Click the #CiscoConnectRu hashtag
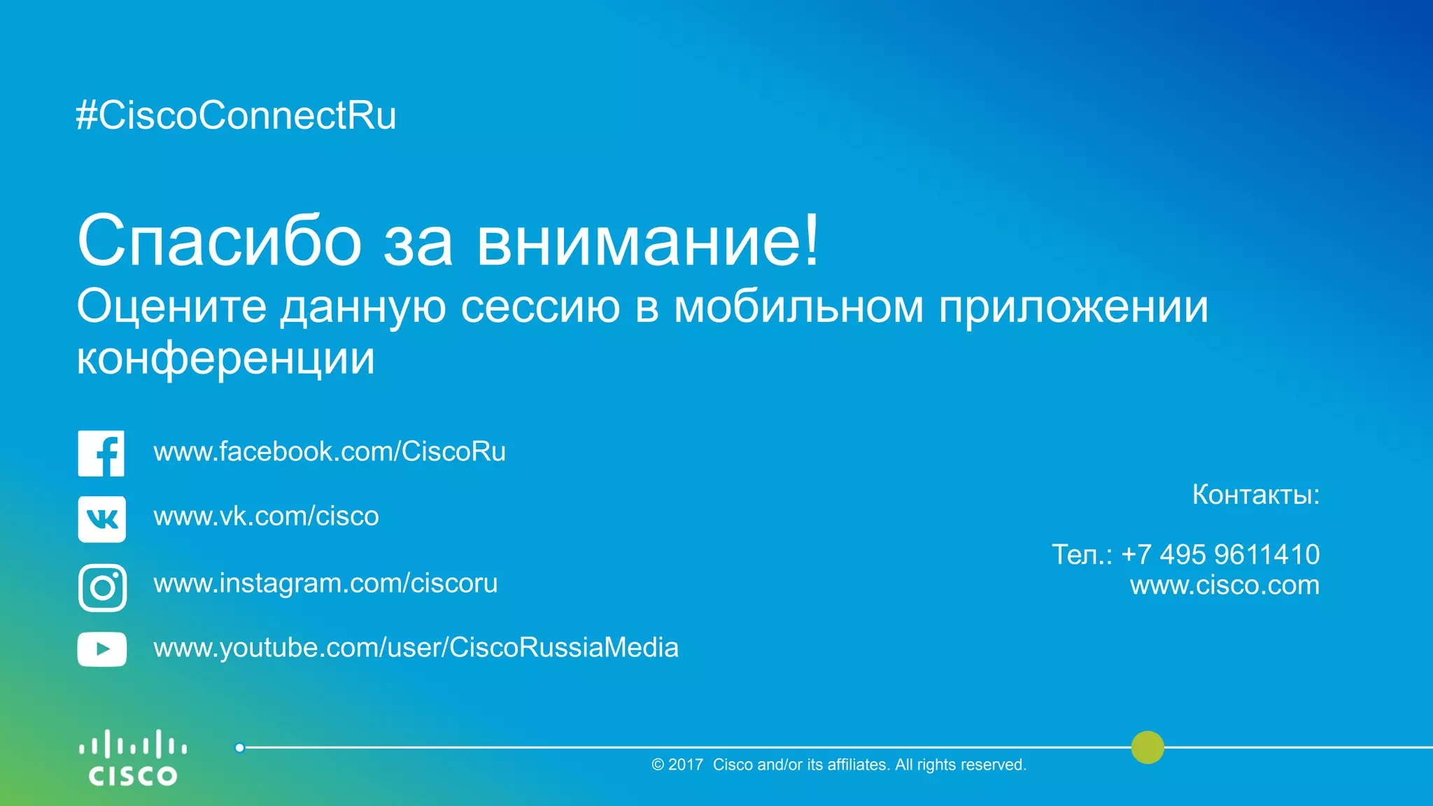tap(236, 115)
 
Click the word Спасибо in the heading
tap(219, 241)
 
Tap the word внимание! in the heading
tap(647, 241)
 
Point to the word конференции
tap(225, 358)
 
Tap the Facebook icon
tap(101, 453)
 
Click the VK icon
tap(102, 519)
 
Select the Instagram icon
tap(103, 588)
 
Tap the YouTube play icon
tap(102, 649)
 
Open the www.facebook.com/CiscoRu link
tap(330, 452)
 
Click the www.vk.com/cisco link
tap(266, 516)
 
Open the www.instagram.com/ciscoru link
tap(325, 584)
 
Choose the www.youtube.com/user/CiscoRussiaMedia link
tap(416, 648)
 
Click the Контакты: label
tap(1256, 495)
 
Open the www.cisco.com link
tap(1224, 585)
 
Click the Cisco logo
tap(133, 758)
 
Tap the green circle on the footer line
tap(1148, 747)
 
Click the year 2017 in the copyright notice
tap(686, 765)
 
